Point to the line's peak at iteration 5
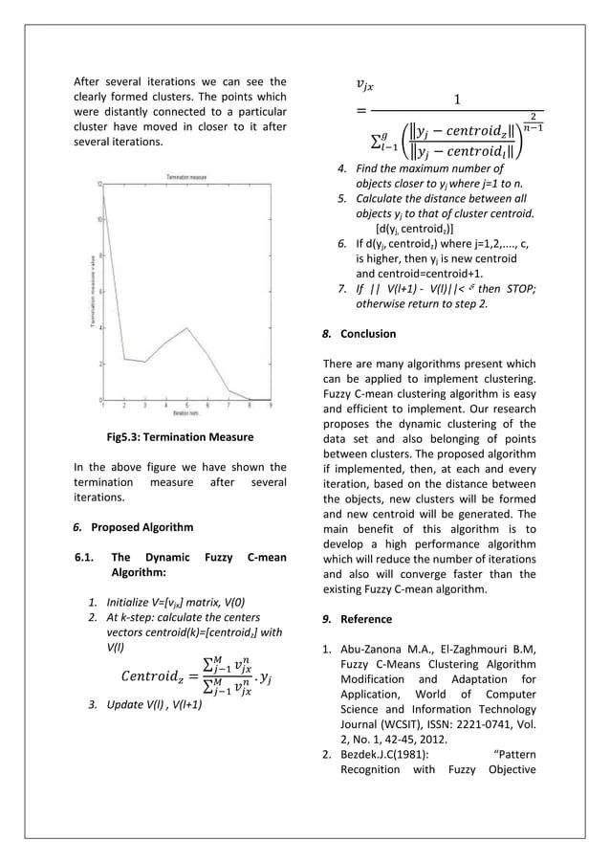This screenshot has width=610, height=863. pyautogui.click(x=187, y=327)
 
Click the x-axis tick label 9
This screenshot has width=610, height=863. pyautogui.click(x=272, y=406)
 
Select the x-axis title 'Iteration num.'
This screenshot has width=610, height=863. pyautogui.click(x=186, y=413)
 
